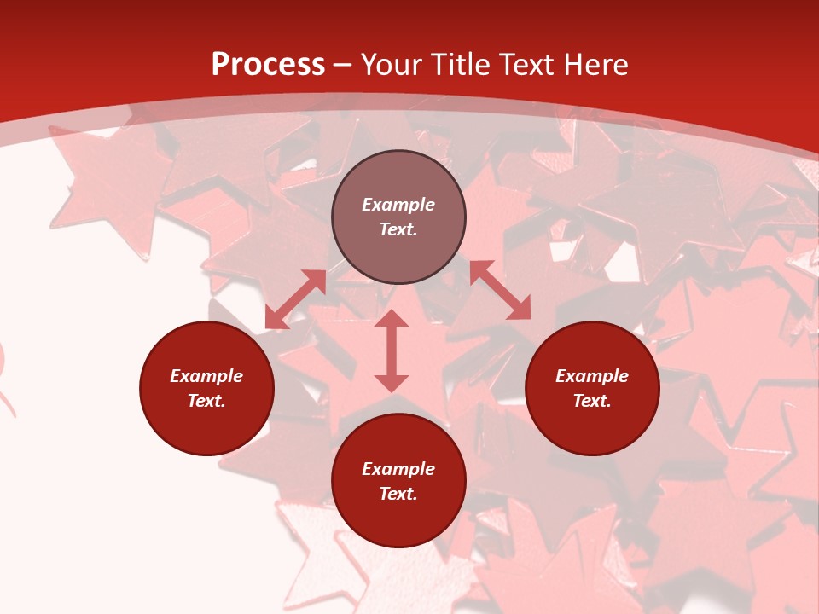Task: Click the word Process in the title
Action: click(x=268, y=65)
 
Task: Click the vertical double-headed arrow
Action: click(x=392, y=350)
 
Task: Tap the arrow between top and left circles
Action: click(x=295, y=299)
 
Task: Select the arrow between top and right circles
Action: click(x=500, y=290)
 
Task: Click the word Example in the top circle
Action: click(x=398, y=205)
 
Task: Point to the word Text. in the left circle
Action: click(x=206, y=401)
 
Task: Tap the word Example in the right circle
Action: click(x=592, y=376)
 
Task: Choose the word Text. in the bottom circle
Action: click(x=398, y=494)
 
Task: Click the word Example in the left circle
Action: click(x=206, y=376)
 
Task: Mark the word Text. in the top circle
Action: click(x=398, y=229)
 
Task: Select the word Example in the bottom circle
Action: click(x=398, y=469)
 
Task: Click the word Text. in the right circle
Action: click(x=592, y=401)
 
